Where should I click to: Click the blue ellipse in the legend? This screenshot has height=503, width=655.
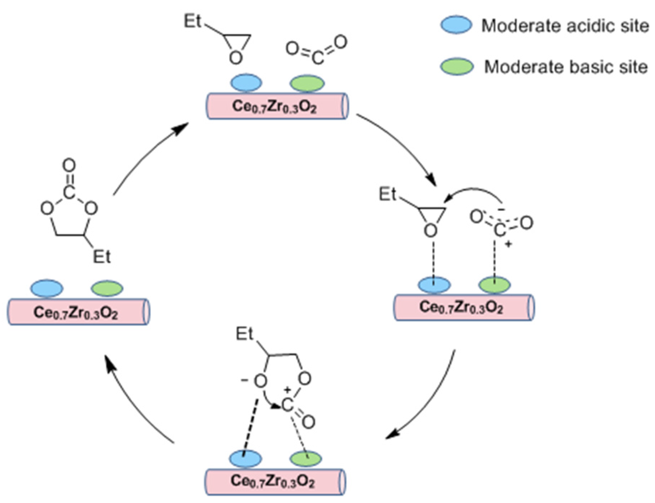point(456,25)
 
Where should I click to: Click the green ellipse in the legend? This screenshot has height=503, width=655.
point(456,67)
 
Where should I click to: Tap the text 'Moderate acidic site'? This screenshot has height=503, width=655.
point(565,26)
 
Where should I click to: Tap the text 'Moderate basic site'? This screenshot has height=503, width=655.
point(565,67)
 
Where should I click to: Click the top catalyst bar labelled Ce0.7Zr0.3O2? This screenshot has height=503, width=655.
point(276,106)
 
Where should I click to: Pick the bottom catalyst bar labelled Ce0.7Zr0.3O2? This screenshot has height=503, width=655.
point(275,481)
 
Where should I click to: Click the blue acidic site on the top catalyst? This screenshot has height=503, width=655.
point(246,82)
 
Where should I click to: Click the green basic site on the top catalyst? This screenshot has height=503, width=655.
point(307,83)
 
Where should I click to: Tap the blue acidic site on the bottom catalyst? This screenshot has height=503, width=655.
point(245,459)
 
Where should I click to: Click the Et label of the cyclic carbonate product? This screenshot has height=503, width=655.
point(102,257)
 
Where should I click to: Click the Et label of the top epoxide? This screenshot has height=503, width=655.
point(193,21)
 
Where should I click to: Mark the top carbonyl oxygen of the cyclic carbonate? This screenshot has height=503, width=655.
point(69,166)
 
